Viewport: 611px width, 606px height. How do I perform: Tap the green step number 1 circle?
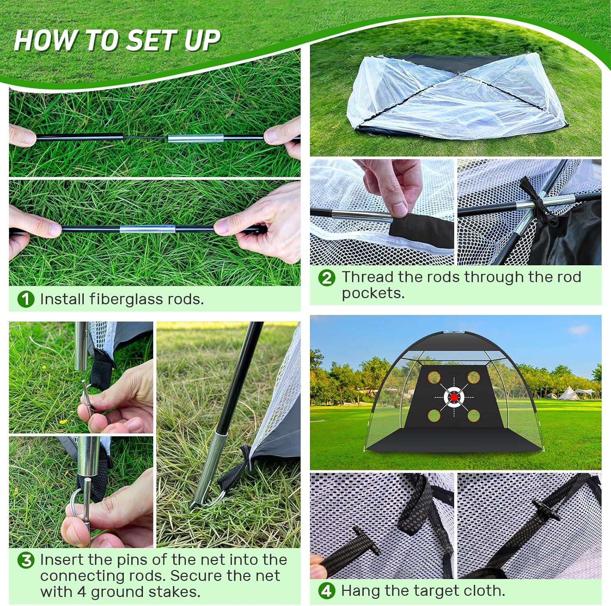point(26,300)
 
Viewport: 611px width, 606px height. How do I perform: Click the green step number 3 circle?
point(26,560)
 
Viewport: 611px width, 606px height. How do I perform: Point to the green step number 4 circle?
point(327,591)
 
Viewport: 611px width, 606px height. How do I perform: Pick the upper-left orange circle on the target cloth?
point(434,377)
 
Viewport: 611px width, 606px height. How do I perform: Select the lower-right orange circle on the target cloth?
point(473,415)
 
